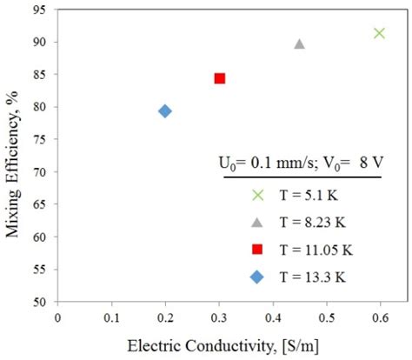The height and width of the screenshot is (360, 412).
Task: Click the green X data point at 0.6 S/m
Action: (379, 33)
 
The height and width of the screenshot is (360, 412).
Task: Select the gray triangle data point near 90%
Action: (299, 43)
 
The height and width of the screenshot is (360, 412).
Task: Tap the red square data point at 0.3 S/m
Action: (220, 78)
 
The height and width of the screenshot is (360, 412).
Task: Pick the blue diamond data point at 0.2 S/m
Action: (165, 110)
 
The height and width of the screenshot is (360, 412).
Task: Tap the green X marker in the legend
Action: (256, 195)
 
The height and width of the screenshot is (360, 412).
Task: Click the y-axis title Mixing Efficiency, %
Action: (13, 157)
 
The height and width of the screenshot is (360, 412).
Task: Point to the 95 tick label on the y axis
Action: (40, 11)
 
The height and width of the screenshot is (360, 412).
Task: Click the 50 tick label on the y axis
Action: (40, 302)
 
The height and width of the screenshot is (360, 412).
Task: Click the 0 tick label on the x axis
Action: (57, 317)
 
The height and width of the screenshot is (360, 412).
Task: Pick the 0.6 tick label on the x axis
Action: (380, 317)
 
